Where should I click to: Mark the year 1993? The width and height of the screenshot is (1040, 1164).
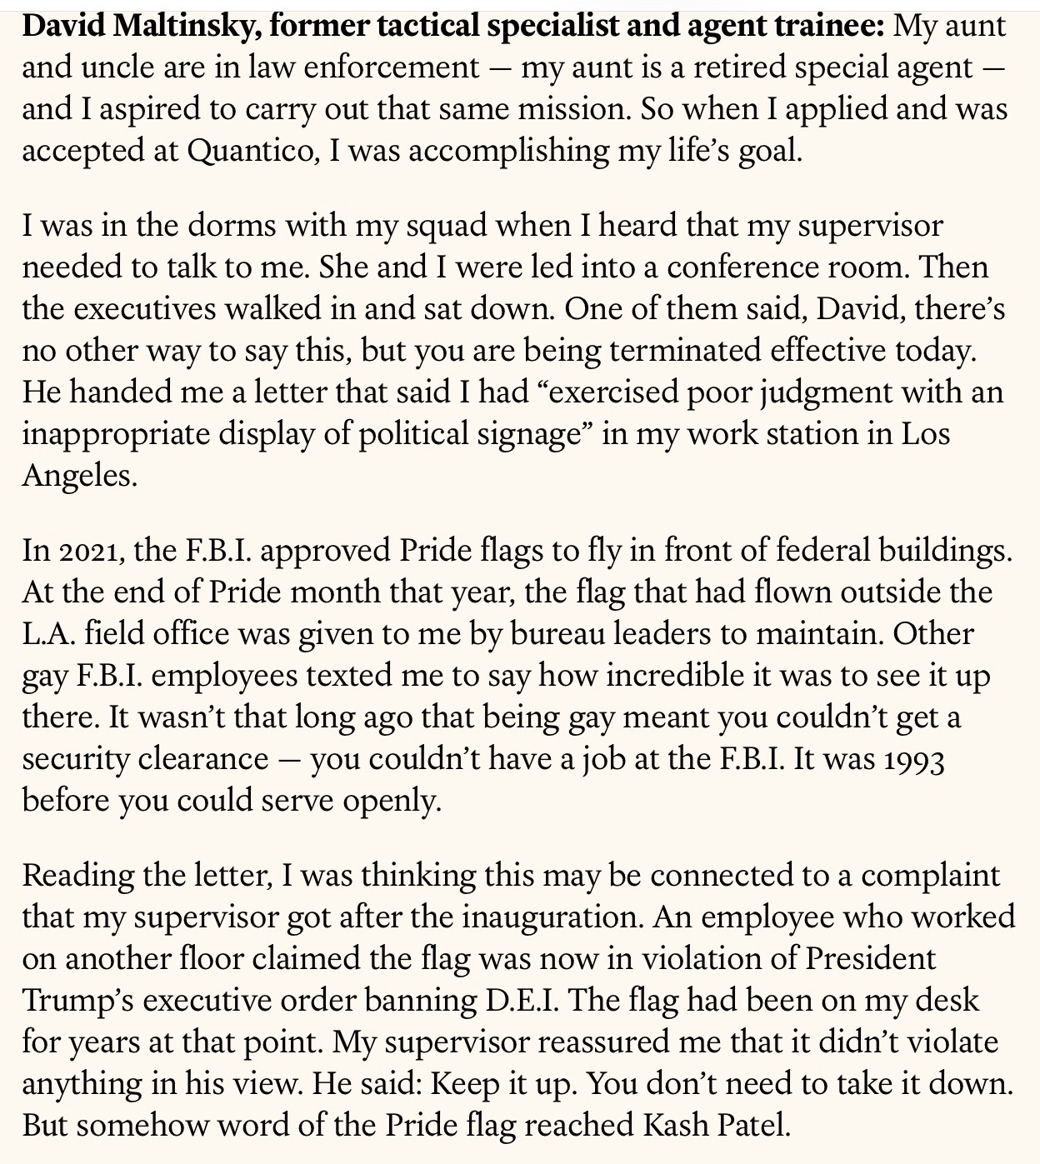coord(913,759)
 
